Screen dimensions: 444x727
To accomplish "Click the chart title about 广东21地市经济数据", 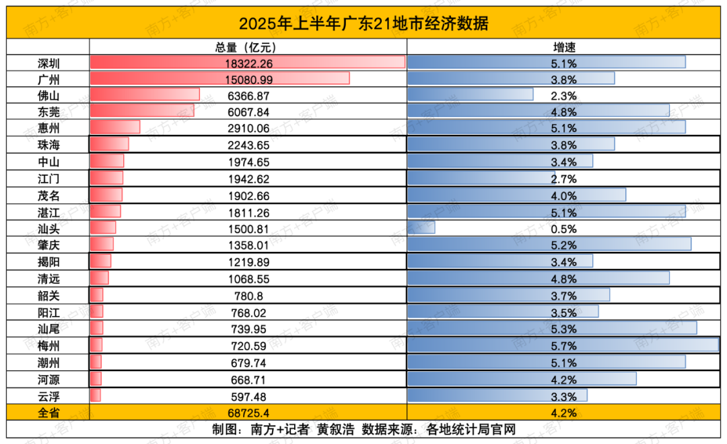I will pos(363,24).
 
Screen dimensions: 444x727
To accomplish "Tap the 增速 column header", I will pos(564,47).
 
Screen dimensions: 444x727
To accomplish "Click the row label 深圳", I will pos(48,63).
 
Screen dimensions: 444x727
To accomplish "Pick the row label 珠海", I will pos(48,145).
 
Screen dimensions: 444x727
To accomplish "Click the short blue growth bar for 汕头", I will pos(421,228).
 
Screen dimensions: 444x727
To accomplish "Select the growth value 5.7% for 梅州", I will pos(564,346).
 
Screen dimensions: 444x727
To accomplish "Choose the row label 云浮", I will pos(48,395).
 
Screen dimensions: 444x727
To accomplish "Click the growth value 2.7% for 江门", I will pos(564,179).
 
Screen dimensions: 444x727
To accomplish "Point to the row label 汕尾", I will pos(48,329).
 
